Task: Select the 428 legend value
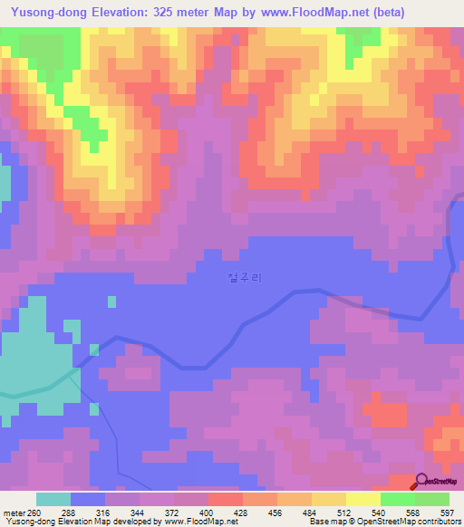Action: pos(242,512)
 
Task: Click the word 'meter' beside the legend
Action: pos(14,512)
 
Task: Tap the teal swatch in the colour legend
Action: pos(53,499)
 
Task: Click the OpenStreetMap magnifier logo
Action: pos(422,483)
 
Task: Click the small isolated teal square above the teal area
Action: pos(111,302)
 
